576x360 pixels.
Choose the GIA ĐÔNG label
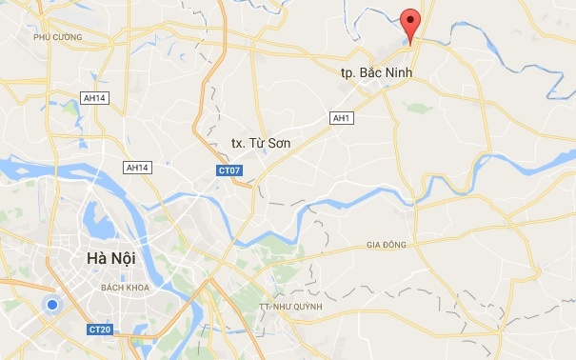click(x=386, y=245)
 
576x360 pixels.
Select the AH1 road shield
click(x=340, y=117)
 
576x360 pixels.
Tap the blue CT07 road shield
click(x=226, y=170)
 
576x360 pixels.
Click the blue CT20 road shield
click(x=99, y=330)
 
